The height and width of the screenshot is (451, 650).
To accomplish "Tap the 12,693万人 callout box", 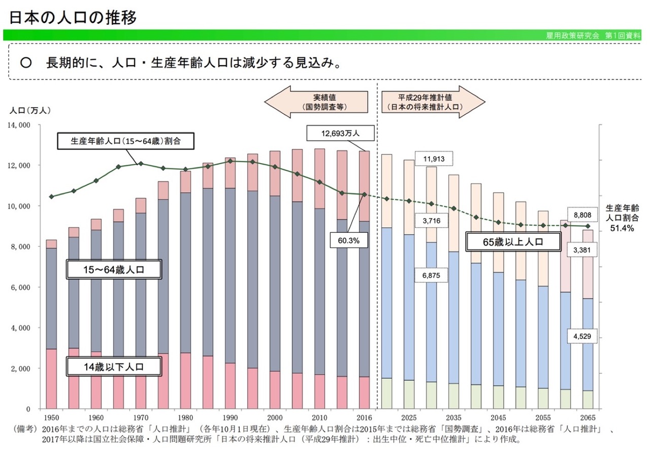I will click(x=340, y=134).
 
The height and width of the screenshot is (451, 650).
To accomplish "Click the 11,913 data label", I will click(x=433, y=159).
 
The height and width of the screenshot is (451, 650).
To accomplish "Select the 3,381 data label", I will click(x=581, y=250).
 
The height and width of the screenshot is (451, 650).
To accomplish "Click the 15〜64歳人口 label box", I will click(x=114, y=269).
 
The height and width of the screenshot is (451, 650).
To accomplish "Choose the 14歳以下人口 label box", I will click(x=114, y=366).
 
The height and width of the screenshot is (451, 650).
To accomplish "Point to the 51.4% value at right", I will click(x=622, y=229).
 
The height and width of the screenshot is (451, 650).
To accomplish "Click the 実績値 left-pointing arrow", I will click(x=316, y=101).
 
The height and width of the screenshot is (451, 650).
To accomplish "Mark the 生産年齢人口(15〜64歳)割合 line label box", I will click(x=126, y=141).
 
